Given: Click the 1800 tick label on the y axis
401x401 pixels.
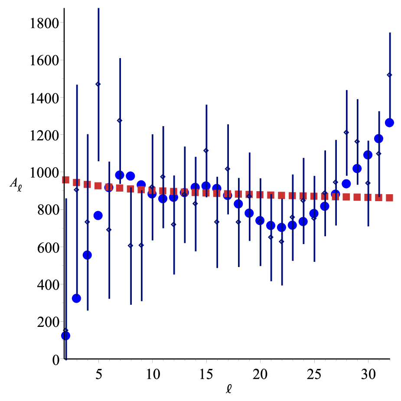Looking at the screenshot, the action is click(45, 23).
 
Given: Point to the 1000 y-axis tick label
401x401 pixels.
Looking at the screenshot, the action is click(45, 173).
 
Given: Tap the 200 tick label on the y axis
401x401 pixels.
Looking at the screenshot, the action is click(48, 322).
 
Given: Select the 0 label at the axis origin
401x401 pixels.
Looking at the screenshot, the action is click(56, 360).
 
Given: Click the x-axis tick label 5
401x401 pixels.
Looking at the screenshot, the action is click(99, 374).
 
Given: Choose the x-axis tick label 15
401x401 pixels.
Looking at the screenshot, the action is click(206, 374).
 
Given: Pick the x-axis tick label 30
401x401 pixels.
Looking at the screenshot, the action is click(368, 374).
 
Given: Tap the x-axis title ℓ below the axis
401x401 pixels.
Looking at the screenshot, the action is click(229, 389).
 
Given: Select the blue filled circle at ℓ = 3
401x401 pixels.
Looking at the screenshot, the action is click(76, 298).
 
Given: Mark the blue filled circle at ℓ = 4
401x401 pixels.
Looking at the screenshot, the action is click(87, 255).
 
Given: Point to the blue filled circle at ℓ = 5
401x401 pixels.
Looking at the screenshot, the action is click(98, 215).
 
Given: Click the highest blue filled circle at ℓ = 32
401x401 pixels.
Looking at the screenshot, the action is click(389, 123).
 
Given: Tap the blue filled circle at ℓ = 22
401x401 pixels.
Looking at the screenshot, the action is click(282, 227).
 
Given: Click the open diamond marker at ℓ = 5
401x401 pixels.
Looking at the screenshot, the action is click(98, 84).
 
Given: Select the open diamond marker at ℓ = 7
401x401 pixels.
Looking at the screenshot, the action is click(120, 121).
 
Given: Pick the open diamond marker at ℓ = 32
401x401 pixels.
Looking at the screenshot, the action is click(390, 75).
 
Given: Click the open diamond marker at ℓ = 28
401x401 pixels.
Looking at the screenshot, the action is click(346, 132).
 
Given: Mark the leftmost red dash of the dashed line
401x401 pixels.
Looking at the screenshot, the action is click(66, 180).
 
